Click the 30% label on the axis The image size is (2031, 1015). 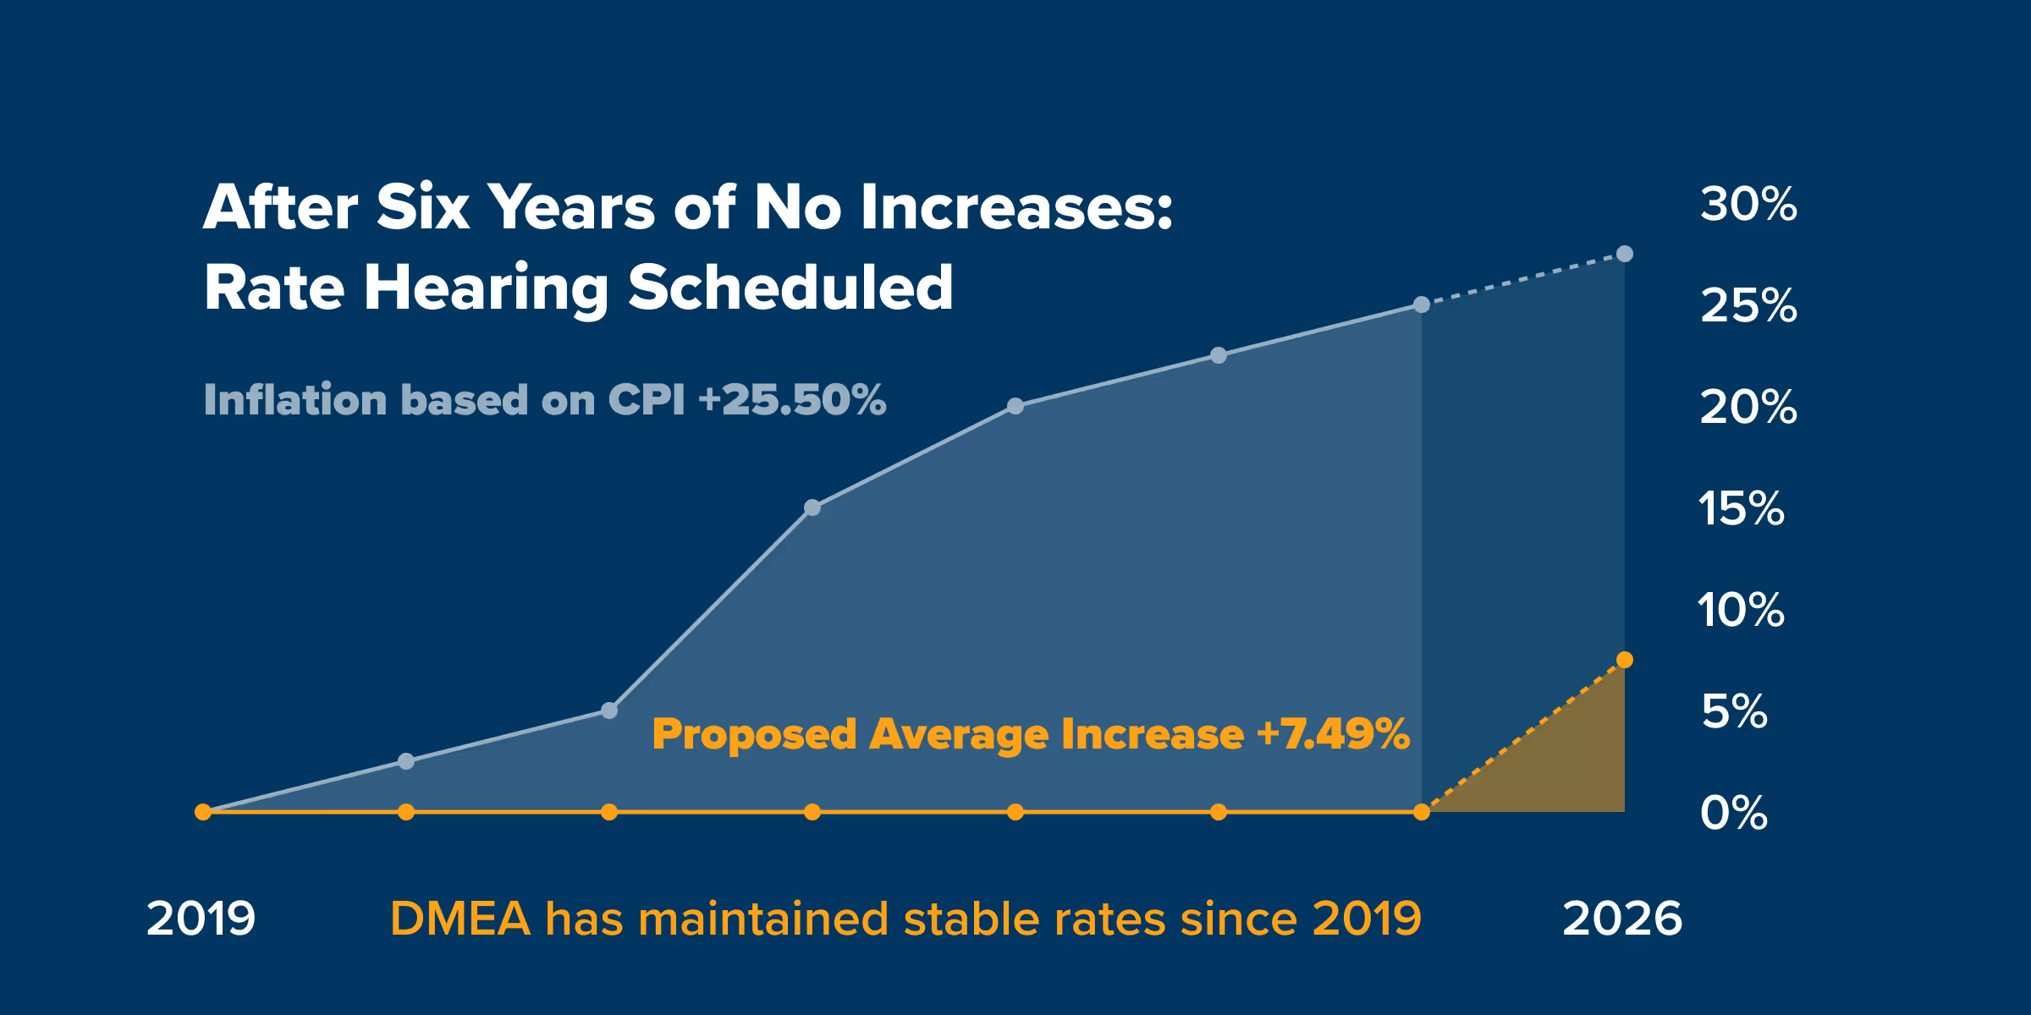[x=1748, y=205]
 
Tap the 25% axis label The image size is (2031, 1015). [x=1748, y=306]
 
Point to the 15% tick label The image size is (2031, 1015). [x=1741, y=509]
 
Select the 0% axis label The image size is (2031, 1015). [x=1733, y=814]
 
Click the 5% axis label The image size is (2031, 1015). [x=1734, y=712]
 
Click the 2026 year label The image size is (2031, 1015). [x=1621, y=919]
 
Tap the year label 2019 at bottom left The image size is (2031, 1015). [x=201, y=919]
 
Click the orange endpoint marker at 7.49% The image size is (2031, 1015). [x=1624, y=660]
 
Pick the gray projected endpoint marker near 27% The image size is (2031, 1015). [x=1624, y=254]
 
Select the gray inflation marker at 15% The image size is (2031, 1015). [x=812, y=507]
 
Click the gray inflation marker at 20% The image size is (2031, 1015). [x=1015, y=406]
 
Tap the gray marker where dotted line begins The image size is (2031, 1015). [x=1422, y=304]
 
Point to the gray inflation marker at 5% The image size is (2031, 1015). [x=609, y=710]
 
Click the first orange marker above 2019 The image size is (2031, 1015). [x=203, y=812]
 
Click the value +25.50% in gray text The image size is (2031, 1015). [x=792, y=400]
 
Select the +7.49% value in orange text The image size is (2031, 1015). [x=1333, y=734]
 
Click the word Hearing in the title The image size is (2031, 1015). [x=487, y=288]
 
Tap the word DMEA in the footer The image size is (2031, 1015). [x=460, y=919]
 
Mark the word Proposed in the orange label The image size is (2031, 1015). [x=754, y=735]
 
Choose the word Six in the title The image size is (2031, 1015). [x=422, y=208]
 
